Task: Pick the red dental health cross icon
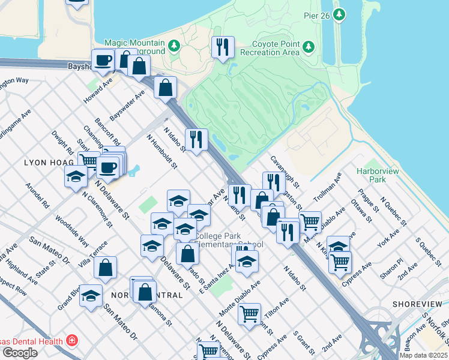click(72, 341)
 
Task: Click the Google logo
click(20, 353)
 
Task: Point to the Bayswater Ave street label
click(127, 105)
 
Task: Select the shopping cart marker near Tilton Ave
click(249, 314)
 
